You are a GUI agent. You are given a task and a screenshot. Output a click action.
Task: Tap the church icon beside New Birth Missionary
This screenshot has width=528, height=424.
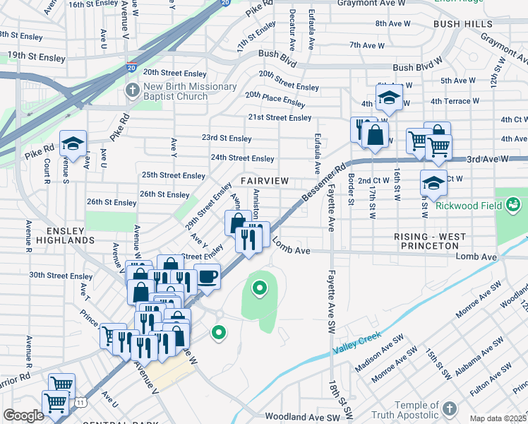coord(133,90)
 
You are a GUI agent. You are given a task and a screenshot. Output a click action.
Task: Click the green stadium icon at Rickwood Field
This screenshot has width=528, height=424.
coord(513,206)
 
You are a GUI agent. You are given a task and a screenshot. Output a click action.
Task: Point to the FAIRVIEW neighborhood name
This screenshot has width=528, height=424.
coord(264,181)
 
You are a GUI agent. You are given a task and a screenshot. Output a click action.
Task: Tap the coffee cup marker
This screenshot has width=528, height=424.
coord(206,276)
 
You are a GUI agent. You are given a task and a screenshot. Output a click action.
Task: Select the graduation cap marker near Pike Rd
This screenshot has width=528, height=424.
coord(73,144)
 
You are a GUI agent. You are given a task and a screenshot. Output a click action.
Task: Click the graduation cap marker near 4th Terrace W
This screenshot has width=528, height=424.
coord(388,99)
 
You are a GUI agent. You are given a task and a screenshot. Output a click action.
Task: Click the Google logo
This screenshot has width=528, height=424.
coord(23,416)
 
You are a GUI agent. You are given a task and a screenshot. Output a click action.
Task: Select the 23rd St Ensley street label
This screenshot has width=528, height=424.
coord(226,139)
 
